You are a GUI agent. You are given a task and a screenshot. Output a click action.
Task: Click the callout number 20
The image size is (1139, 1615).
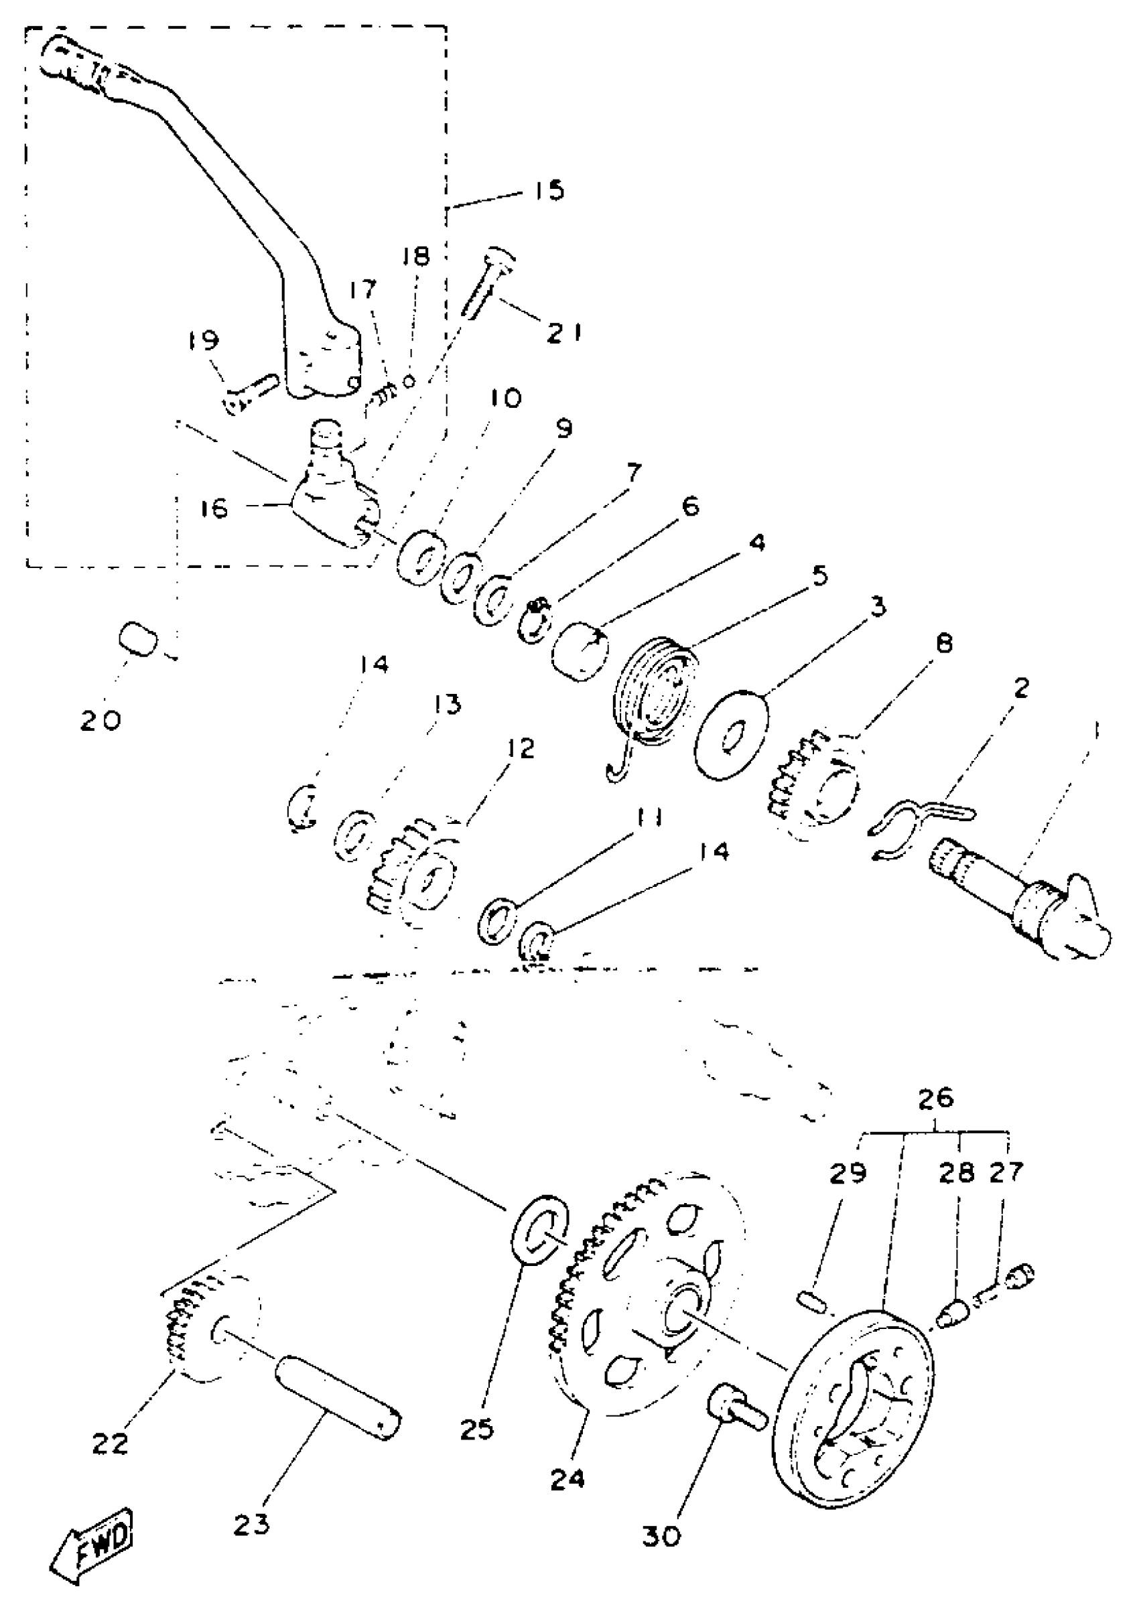100,719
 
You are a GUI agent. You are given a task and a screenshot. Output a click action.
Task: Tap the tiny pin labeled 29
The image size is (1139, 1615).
813,1300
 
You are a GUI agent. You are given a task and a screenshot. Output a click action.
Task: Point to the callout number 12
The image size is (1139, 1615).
521,748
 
